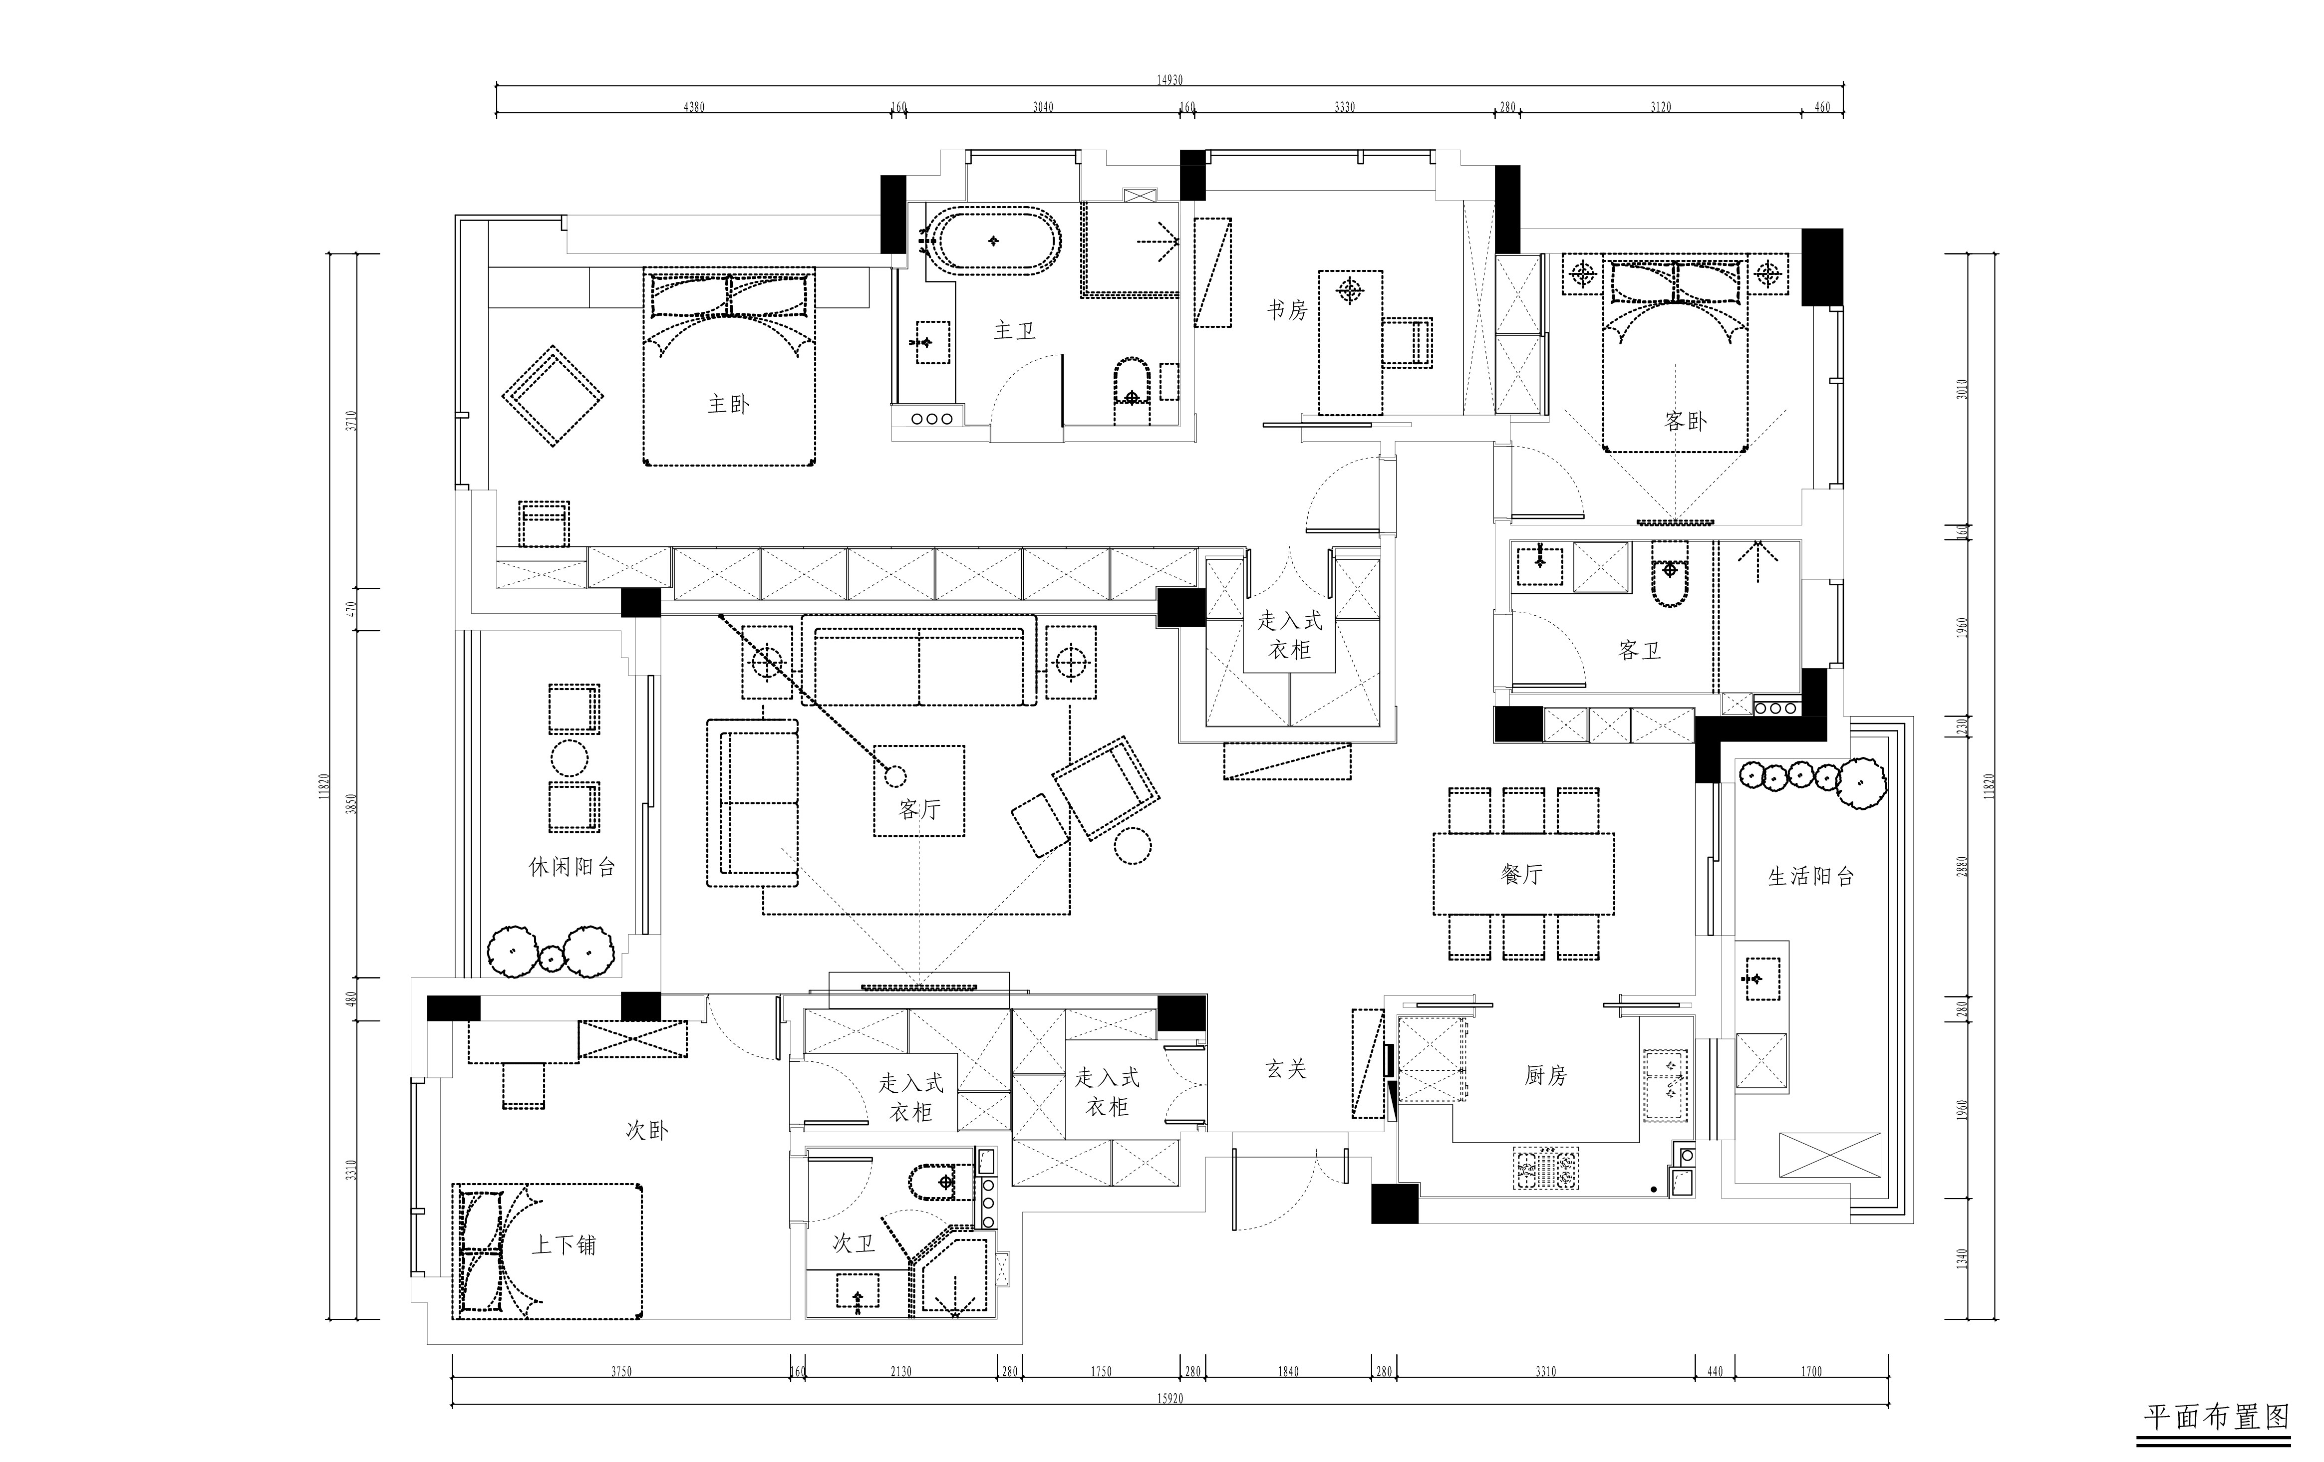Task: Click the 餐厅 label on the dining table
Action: (x=1522, y=874)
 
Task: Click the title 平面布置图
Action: (x=2217, y=1417)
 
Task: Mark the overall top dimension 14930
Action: (x=1169, y=80)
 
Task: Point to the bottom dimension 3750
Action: (x=621, y=1371)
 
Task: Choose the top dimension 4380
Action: (x=694, y=107)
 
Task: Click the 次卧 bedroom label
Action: (x=646, y=1130)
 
